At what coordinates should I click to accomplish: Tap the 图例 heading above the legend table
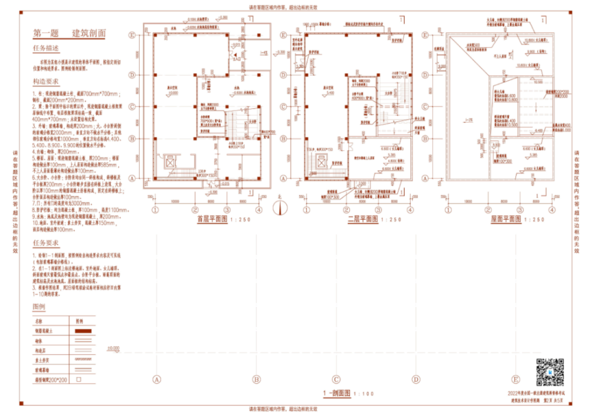pos(39,306)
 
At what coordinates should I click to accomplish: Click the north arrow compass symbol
pos(280,209)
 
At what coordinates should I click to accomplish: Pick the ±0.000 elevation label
pos(114,348)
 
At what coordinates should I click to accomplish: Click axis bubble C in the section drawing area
pos(337,379)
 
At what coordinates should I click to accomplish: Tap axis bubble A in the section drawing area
pos(157,379)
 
